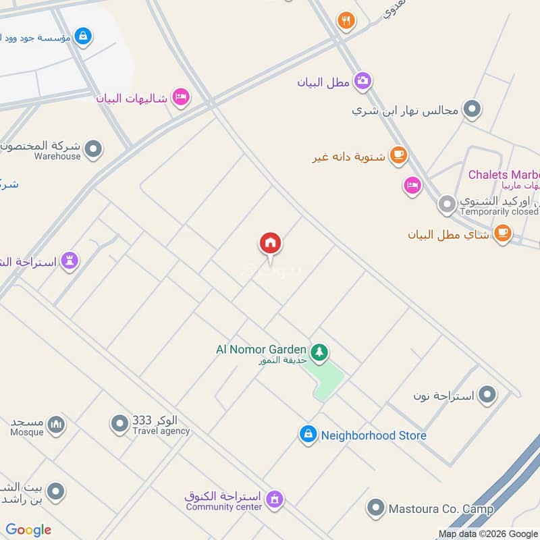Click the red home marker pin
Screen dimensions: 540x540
click(270, 243)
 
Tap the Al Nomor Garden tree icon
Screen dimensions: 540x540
click(319, 351)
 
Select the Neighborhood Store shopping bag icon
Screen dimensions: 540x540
click(308, 435)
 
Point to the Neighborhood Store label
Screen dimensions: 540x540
click(373, 435)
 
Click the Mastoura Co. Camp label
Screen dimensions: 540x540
click(441, 508)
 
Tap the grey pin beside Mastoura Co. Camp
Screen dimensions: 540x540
click(375, 507)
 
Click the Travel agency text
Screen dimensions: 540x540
click(161, 431)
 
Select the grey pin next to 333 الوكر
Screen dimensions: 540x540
click(119, 424)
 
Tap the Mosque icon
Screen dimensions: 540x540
click(57, 424)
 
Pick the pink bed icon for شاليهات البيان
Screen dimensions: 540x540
click(180, 98)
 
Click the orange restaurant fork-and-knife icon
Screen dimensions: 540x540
click(346, 20)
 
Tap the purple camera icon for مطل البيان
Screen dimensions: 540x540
click(362, 82)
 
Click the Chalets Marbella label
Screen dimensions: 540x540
click(504, 175)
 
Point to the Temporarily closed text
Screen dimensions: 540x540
click(499, 211)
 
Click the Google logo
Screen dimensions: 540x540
click(28, 530)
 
